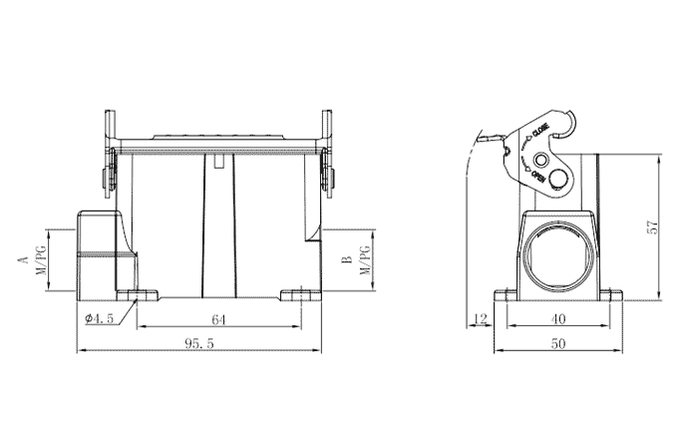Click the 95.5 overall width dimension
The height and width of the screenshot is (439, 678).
coord(199,342)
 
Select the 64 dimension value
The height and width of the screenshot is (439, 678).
coord(219,319)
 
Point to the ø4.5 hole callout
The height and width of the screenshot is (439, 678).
coord(100,318)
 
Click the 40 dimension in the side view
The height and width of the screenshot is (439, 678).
coord(558,319)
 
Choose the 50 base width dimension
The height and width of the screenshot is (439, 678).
coord(558,342)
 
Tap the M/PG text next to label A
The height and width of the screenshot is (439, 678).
coord(41,260)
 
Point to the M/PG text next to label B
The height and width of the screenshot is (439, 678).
coord(366,260)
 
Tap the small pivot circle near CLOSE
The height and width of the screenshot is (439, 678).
coord(540,161)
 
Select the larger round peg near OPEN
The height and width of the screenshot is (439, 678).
coord(558,181)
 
